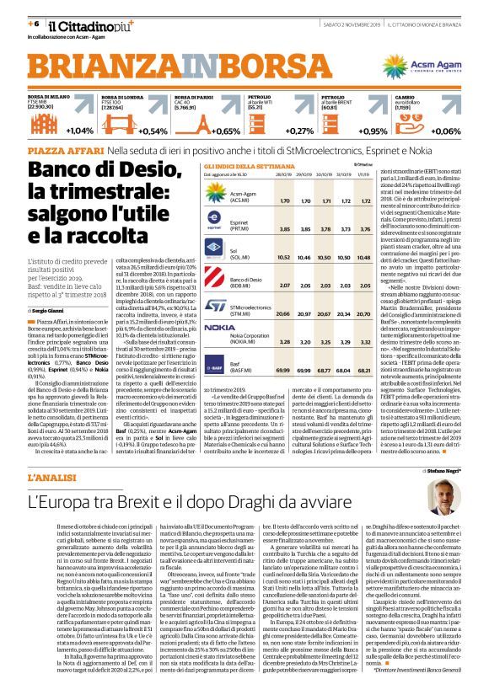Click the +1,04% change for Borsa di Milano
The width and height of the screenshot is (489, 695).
(x=79, y=131)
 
